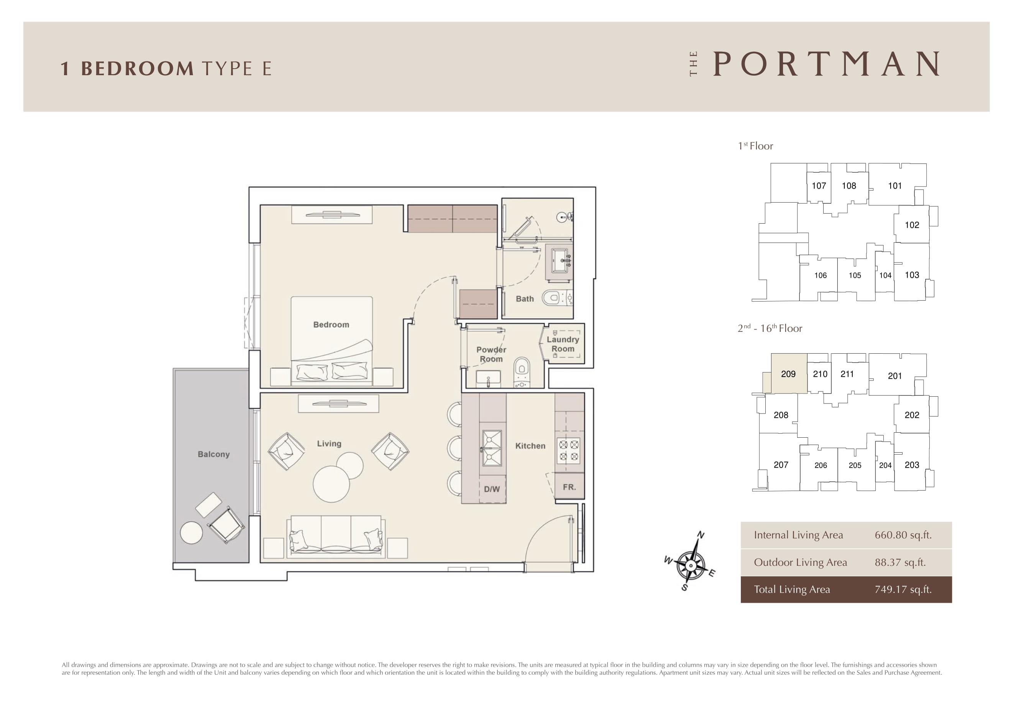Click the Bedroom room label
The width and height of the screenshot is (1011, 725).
pyautogui.click(x=331, y=325)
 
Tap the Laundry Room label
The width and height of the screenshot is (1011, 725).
pyautogui.click(x=563, y=344)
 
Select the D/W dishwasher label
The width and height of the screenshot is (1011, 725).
pyautogui.click(x=492, y=489)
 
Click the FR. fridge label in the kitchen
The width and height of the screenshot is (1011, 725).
pyautogui.click(x=569, y=487)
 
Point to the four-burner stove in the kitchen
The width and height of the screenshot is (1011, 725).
pyautogui.click(x=568, y=450)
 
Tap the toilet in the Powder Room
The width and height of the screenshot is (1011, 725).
pyautogui.click(x=522, y=372)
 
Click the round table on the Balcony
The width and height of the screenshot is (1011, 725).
pyautogui.click(x=191, y=533)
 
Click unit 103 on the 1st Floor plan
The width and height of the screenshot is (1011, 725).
pyautogui.click(x=912, y=275)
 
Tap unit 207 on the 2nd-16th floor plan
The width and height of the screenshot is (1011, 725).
pyautogui.click(x=781, y=465)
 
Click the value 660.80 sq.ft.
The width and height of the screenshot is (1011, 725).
pyautogui.click(x=903, y=535)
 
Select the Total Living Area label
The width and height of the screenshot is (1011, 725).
pyautogui.click(x=792, y=589)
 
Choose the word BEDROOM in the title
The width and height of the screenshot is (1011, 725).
pyautogui.click(x=137, y=68)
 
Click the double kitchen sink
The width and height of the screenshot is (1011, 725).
pyautogui.click(x=492, y=448)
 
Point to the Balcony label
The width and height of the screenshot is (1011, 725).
pyautogui.click(x=213, y=454)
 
